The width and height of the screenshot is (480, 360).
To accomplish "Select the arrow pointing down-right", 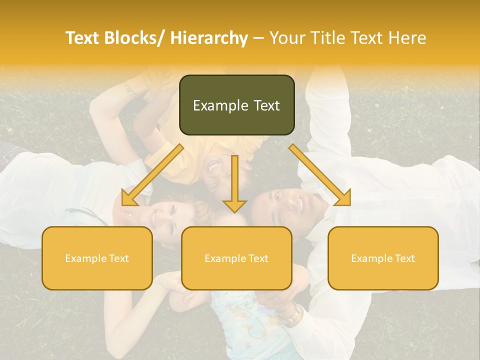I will coord(320,175).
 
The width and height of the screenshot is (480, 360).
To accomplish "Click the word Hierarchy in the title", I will coord(209,38).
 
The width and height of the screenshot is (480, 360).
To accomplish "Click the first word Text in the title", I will coord(83,38).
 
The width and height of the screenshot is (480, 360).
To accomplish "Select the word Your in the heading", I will coord(286,38).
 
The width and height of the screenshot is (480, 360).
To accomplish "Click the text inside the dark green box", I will coord(236,105).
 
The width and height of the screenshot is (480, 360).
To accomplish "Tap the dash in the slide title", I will coord(258,38).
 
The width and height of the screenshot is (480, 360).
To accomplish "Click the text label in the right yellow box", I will coord(383,258).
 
